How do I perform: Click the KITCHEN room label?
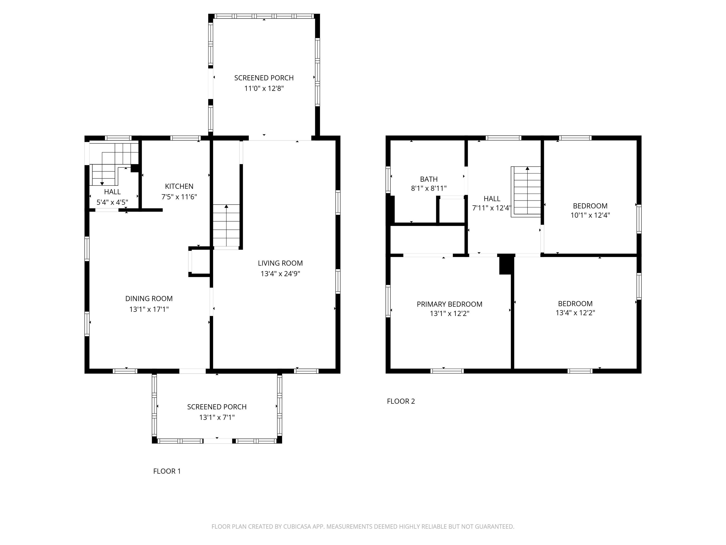coord(179,186)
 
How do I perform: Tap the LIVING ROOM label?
coord(280,263)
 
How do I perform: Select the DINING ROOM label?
coord(149,299)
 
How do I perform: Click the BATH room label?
coord(429,179)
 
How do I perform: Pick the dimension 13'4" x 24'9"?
coord(280,274)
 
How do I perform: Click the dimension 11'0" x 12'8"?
coord(264,88)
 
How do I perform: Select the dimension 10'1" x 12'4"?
coord(590,215)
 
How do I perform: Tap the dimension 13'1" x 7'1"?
coord(217,417)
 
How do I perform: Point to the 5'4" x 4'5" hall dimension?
coord(112,202)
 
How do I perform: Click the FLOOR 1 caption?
coord(167,471)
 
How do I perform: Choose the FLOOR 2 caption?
coord(401,401)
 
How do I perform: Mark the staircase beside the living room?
coord(226,226)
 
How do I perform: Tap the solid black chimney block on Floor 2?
coord(506,264)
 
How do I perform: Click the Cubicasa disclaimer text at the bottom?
coord(363,527)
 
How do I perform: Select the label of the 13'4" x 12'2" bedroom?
coord(575,303)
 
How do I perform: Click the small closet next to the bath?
coord(452,211)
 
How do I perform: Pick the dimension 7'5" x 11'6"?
coord(179,197)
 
